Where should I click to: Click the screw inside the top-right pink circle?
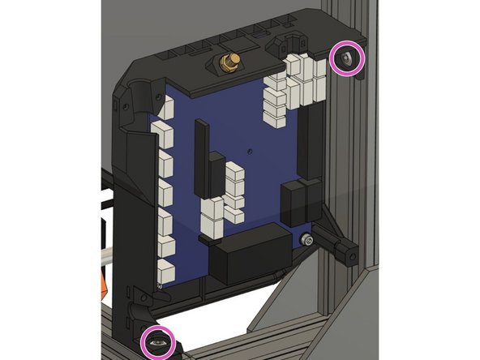[347, 58]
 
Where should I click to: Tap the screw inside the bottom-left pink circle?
[158, 342]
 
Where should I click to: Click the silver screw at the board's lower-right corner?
[305, 240]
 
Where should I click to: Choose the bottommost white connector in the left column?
[166, 272]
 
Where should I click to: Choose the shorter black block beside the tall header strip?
[216, 173]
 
